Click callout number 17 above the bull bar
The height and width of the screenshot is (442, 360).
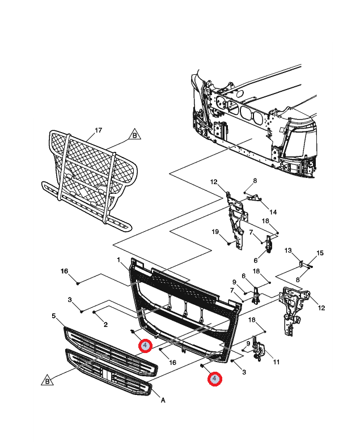pyautogui.click(x=98, y=130)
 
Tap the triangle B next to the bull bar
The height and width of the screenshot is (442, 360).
pyautogui.click(x=135, y=135)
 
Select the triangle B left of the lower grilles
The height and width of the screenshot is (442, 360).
pyautogui.click(x=47, y=381)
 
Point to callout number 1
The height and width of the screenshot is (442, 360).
pyautogui.click(x=119, y=260)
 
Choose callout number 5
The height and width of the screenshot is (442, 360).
pyautogui.click(x=54, y=316)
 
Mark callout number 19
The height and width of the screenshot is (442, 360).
pyautogui.click(x=215, y=231)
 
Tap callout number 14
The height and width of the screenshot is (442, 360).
pyautogui.click(x=273, y=212)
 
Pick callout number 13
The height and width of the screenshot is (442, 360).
pyautogui.click(x=287, y=250)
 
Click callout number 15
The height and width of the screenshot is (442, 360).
pyautogui.click(x=319, y=253)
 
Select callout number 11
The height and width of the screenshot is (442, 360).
pyautogui.click(x=277, y=362)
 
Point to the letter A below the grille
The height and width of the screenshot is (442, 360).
pyautogui.click(x=163, y=400)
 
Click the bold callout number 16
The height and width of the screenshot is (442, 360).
pyautogui.click(x=64, y=272)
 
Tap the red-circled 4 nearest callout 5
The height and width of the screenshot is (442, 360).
pyautogui.click(x=145, y=346)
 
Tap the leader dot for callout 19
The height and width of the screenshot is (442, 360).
pyautogui.click(x=228, y=244)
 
